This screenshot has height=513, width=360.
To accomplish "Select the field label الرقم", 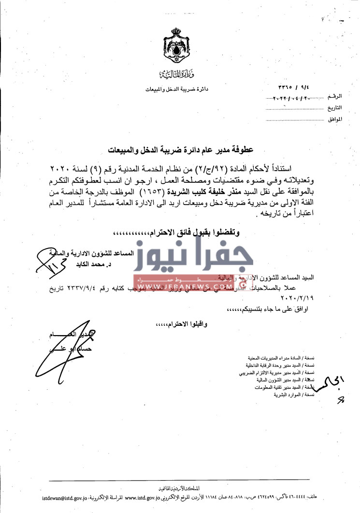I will pyautogui.click(x=334, y=97).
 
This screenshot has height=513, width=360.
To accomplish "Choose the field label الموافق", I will pyautogui.click(x=334, y=118).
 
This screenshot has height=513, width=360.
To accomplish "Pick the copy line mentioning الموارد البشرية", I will pyautogui.click(x=294, y=395).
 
